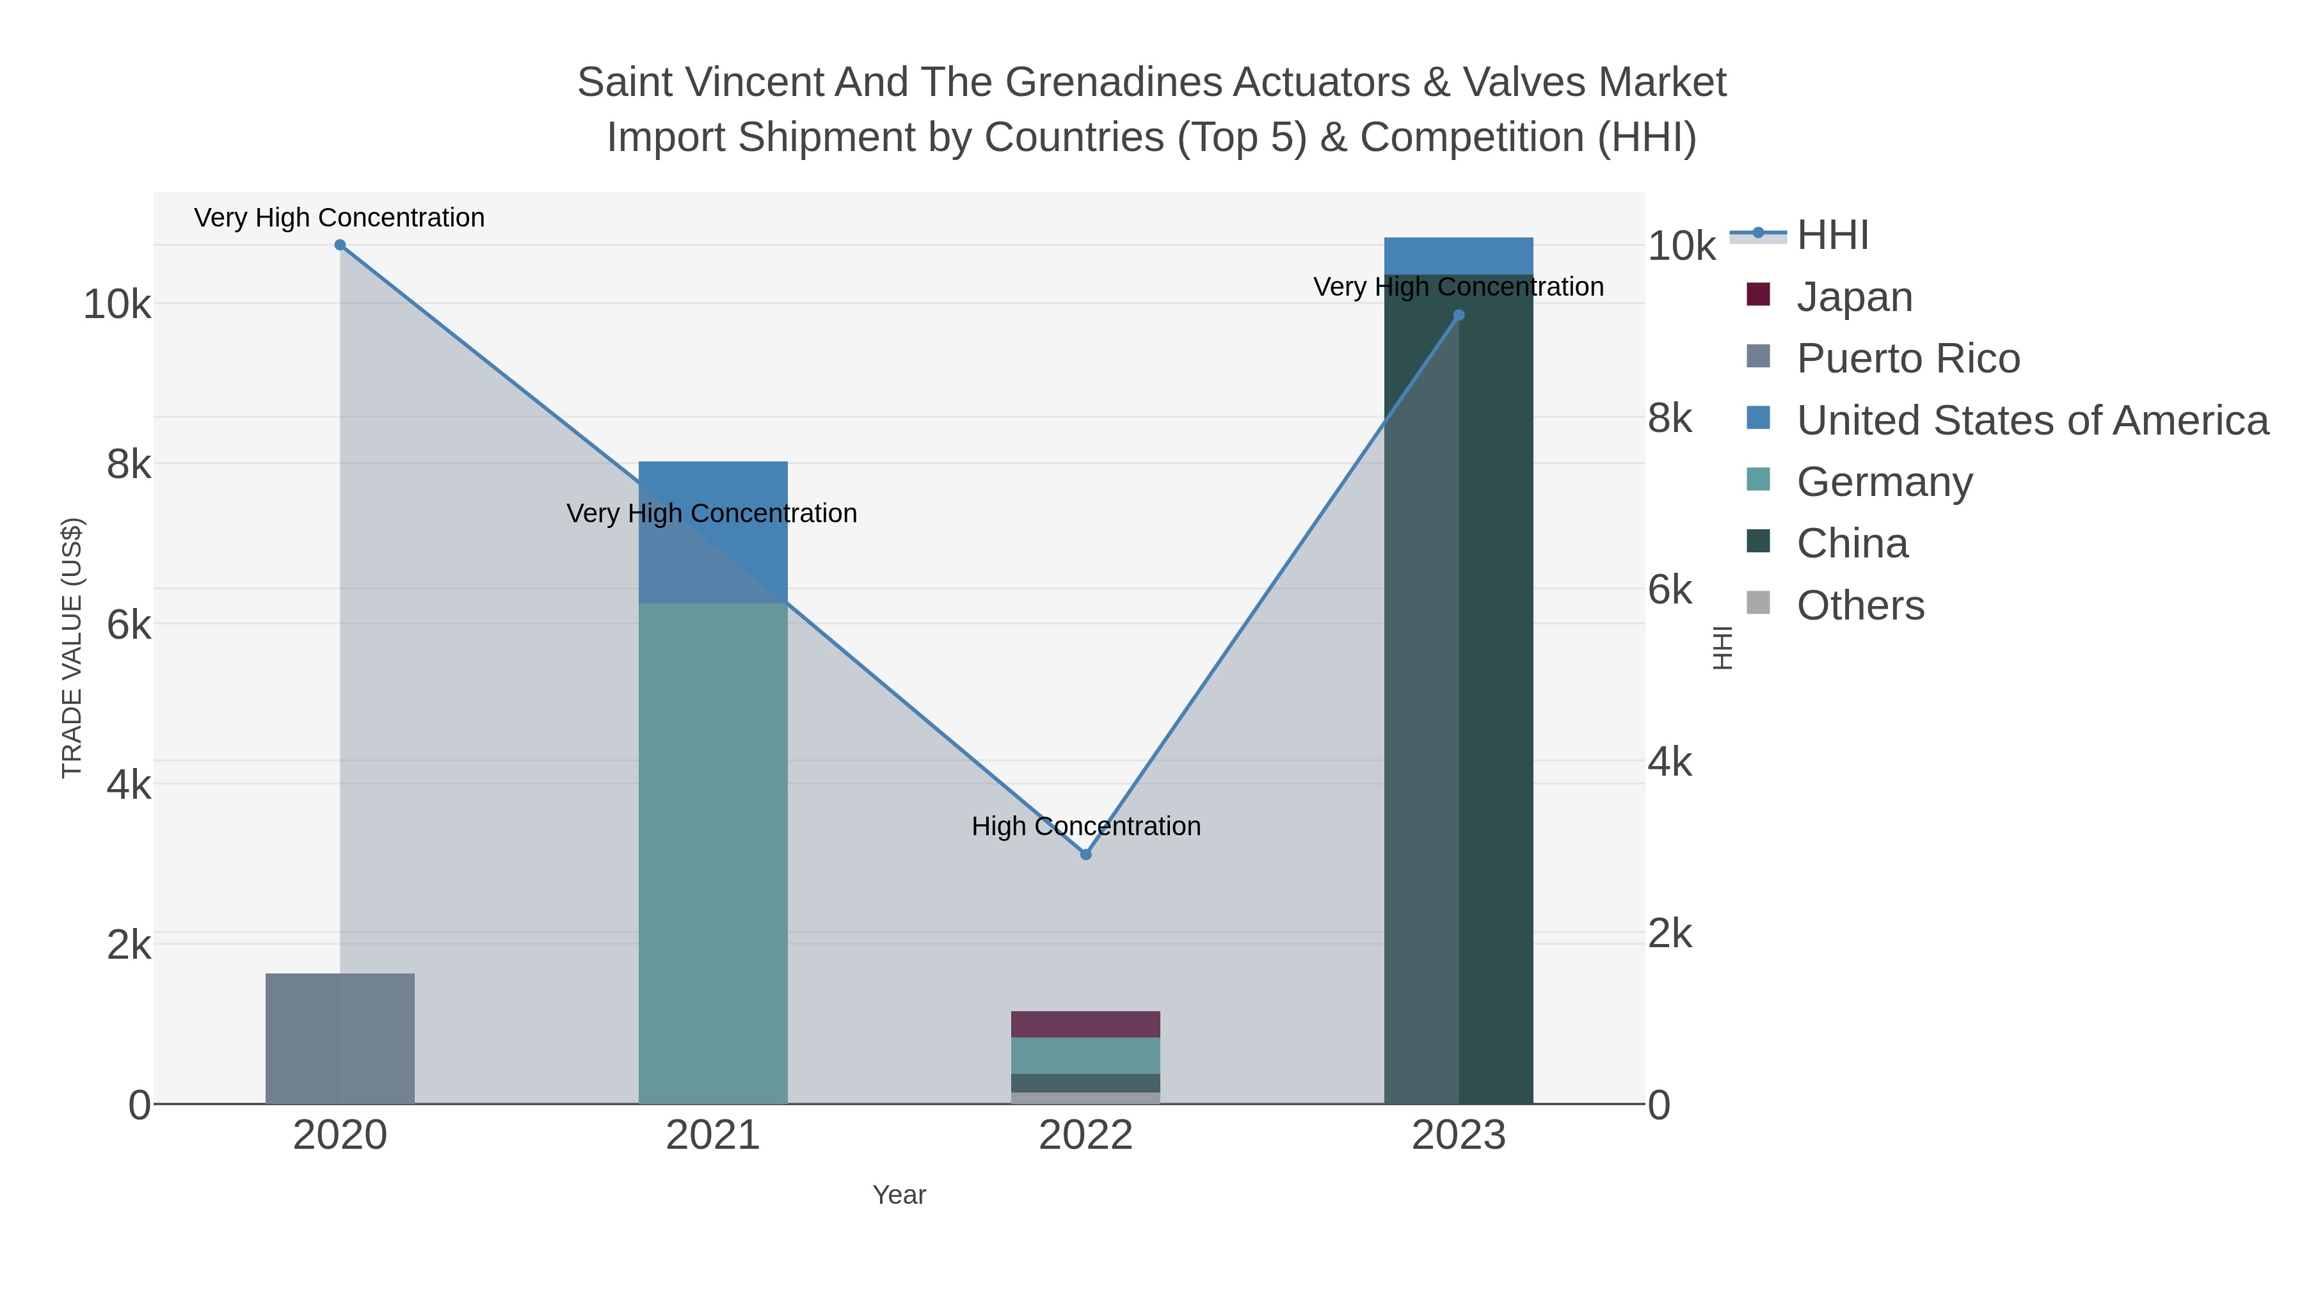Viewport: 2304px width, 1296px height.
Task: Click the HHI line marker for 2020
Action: (x=340, y=245)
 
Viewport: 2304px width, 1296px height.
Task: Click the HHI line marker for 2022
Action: (x=1086, y=854)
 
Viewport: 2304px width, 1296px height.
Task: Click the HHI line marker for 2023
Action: (x=1459, y=315)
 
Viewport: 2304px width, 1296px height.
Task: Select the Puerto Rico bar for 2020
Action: (x=340, y=1037)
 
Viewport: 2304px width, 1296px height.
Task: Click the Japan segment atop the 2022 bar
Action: (x=1086, y=1024)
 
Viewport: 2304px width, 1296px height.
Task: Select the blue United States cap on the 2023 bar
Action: (x=1459, y=256)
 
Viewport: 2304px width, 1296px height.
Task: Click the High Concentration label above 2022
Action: (x=1086, y=826)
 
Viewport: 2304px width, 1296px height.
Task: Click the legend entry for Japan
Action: (x=1854, y=297)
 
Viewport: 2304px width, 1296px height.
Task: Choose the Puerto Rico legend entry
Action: (x=1908, y=358)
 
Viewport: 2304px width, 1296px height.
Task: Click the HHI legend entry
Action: (x=1833, y=236)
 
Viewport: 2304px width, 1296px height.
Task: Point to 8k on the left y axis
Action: (x=128, y=464)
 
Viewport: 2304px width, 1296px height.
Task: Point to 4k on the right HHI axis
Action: (x=1669, y=762)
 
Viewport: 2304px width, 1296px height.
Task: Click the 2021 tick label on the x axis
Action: (x=713, y=1135)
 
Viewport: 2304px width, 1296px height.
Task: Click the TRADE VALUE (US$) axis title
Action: (x=72, y=648)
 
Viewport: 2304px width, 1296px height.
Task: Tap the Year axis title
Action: (x=899, y=1194)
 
